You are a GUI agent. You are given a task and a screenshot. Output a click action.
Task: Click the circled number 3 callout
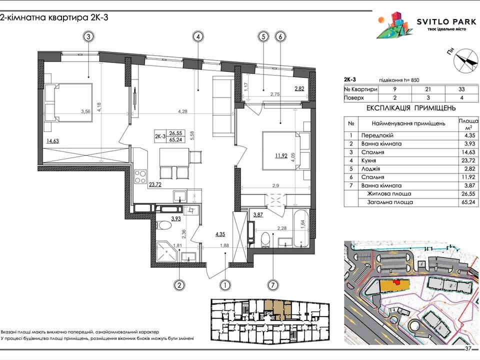point(89,36)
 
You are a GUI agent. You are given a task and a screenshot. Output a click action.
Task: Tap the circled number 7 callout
point(273,285)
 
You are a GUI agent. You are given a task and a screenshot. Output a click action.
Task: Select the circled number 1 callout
point(225,285)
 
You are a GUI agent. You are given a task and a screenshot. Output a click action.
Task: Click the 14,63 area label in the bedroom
point(52,141)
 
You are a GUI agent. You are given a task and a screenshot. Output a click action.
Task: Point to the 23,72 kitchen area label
point(155,184)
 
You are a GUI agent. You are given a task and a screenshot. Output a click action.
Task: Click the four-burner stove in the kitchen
point(140,176)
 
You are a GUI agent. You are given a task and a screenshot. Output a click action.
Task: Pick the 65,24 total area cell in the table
point(468,202)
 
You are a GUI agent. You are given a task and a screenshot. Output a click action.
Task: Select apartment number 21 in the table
point(428,89)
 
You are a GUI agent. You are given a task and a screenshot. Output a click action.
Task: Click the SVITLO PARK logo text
point(446,21)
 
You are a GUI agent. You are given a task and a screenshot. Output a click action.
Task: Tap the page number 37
point(468,348)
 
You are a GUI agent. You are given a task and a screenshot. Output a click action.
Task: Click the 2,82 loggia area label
point(299,89)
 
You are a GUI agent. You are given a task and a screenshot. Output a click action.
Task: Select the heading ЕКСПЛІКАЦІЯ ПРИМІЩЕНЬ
point(411,108)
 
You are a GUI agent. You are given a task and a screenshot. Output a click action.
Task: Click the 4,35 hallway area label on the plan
point(220,234)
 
